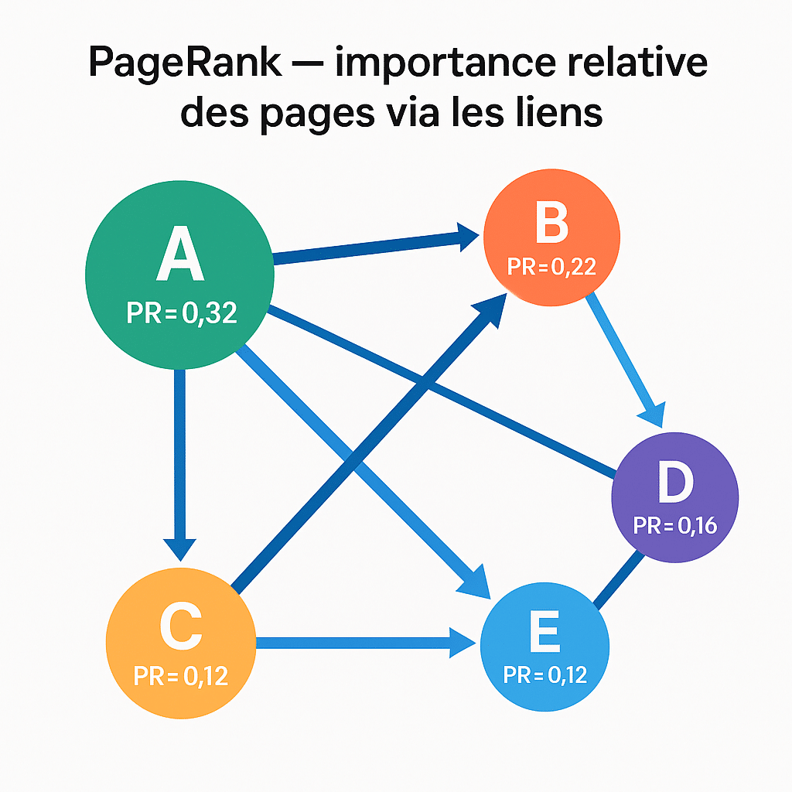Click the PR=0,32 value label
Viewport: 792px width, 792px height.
(181, 313)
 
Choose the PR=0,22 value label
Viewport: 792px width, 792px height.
(551, 267)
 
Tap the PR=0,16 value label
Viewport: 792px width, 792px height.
(675, 526)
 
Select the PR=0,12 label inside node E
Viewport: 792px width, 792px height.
(544, 674)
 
